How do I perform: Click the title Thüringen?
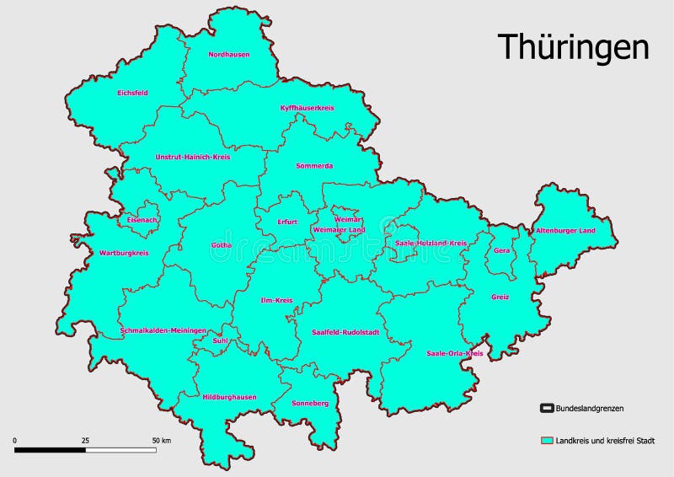(572, 47)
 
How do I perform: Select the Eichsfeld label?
(133, 93)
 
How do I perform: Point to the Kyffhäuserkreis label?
(308, 108)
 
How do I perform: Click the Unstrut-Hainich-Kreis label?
(193, 157)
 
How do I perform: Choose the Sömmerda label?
(314, 166)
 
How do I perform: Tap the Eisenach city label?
(142, 220)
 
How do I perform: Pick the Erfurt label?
(287, 222)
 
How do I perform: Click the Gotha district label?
(222, 245)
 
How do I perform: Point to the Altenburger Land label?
(565, 230)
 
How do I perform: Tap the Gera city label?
(502, 251)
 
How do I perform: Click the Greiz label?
(500, 297)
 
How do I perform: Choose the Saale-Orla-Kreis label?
(454, 353)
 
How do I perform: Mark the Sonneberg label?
(309, 404)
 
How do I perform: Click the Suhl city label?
(221, 340)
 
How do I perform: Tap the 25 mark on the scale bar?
(85, 441)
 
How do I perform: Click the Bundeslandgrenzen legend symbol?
(546, 409)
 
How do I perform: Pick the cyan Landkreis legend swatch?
(546, 441)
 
